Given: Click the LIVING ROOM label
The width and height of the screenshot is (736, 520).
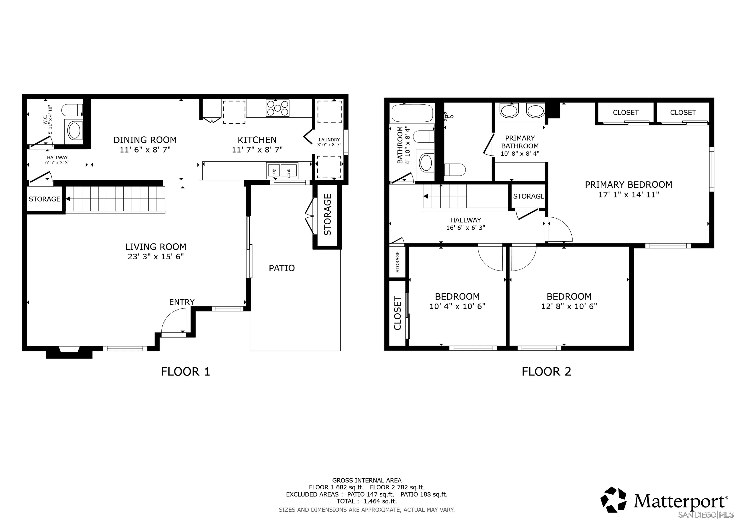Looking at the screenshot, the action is point(156,247).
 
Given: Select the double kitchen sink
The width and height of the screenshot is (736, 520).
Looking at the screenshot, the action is point(282,171).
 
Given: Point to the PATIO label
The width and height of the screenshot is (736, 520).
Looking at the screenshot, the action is point(282,268).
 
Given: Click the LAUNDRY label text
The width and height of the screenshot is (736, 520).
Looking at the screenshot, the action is point(329,140).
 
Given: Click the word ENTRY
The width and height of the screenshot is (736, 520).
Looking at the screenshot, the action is point(182,302).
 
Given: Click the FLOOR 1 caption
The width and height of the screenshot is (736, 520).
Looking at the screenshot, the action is point(185,372).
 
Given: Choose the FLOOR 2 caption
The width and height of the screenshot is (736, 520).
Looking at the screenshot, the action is point(546,372).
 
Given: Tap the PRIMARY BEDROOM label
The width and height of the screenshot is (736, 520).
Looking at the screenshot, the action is point(629,185).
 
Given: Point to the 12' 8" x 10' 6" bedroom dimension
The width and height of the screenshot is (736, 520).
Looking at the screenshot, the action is point(569,306).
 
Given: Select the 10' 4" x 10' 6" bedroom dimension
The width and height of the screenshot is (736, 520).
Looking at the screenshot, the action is point(457,306).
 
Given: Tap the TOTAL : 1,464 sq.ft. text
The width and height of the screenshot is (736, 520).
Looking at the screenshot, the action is point(367,501).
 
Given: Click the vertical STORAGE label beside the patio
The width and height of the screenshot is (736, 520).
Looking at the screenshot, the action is point(328,215).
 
